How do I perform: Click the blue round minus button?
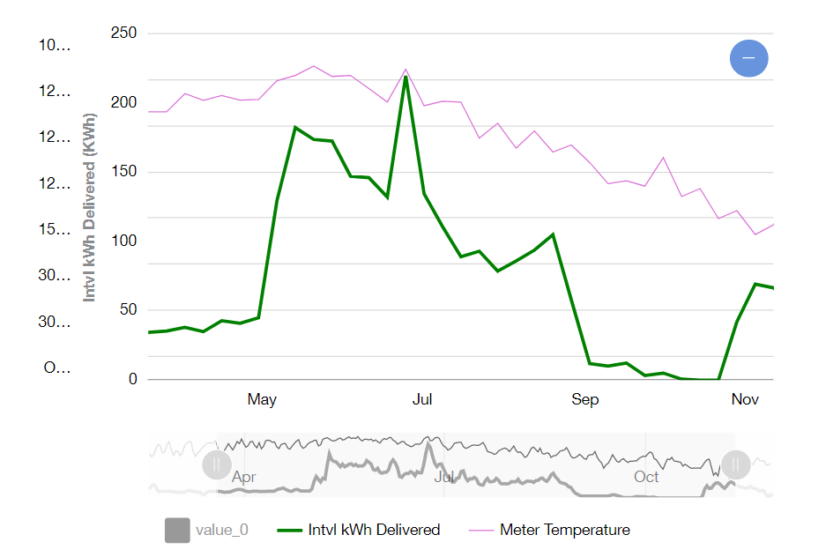coord(748,58)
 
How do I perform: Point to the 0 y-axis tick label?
coord(134,379)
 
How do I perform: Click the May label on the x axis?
coord(262,400)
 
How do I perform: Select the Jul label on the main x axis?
coord(422,400)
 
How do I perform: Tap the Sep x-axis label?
coord(585,400)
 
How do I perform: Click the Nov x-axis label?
coord(745,400)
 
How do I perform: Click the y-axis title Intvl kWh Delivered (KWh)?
coord(89,208)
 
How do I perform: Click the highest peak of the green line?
coord(406,77)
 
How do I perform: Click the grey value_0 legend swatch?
coord(177,531)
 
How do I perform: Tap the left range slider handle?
coord(217,464)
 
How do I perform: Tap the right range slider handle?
coord(735,464)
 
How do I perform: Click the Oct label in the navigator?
coord(646,477)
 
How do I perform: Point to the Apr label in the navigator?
coord(244,477)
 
